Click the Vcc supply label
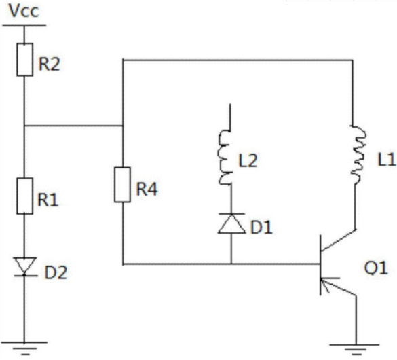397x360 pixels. pos(24,11)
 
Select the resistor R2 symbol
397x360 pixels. pos(24,60)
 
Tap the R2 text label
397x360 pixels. pos(49,64)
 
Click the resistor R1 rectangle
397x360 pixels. pos(24,196)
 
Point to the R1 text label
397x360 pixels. pos(48,200)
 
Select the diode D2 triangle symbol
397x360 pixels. pos(25,266)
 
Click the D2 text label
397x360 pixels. pos(56,272)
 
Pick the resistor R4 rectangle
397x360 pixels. pos(123,185)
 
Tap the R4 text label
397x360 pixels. pos(147,189)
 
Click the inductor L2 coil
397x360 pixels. pos(225,158)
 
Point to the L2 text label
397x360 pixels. pos(248,160)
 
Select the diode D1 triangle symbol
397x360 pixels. pos(231,223)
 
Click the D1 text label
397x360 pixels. pos(261,228)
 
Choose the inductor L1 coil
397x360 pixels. pos(358,154)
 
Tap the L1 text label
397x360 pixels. pos(386,160)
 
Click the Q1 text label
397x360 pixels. pos(376,268)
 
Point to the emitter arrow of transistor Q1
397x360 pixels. pos(325,284)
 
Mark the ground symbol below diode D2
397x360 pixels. pos(24,348)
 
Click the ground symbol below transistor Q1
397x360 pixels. pos(355,350)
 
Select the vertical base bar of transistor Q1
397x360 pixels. pos(321,265)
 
